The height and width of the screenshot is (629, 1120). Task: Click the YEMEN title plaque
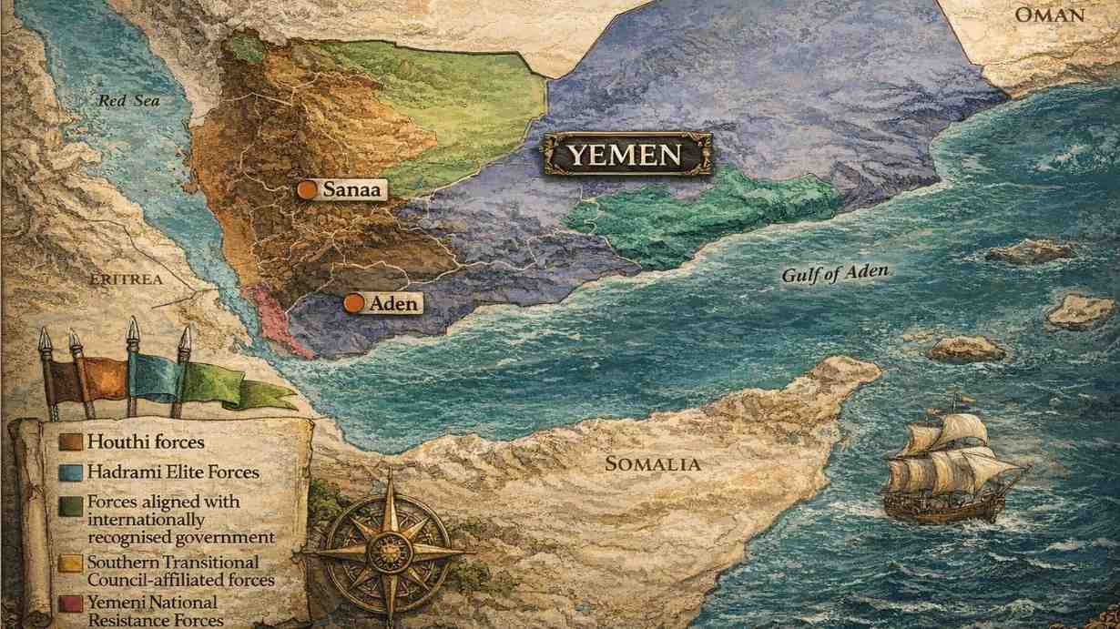626,155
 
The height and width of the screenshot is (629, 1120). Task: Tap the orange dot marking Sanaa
308,189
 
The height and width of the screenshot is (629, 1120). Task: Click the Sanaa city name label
352,189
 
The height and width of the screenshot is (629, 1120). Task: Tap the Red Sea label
128,100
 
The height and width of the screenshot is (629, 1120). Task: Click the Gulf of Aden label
835,273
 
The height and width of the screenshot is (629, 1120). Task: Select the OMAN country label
1050,15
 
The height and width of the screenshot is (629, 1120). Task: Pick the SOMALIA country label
653,464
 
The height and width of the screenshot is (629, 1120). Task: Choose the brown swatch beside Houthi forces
71,442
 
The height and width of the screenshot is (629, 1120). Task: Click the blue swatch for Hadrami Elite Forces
71,472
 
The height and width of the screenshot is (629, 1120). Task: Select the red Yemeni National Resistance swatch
71,603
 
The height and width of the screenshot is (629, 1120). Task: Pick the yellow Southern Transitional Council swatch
71,563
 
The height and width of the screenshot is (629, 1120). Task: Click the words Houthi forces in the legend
145,442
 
